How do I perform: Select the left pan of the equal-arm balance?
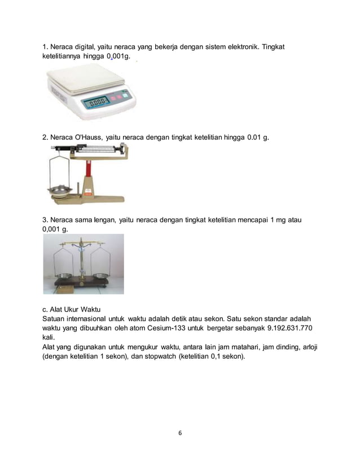click(x=63, y=276)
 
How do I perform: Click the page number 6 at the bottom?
click(x=179, y=433)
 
